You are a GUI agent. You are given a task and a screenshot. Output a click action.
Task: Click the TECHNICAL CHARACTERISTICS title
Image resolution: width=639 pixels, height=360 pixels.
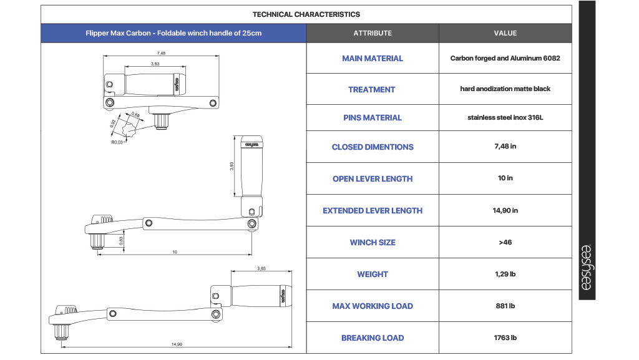tap(306, 14)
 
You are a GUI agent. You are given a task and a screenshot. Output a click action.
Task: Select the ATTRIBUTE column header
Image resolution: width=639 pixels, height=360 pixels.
tap(373, 34)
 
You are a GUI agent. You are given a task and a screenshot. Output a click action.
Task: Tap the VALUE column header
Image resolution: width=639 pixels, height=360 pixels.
tap(505, 34)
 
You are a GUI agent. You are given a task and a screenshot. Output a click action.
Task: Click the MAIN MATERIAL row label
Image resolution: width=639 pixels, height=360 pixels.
tap(373, 59)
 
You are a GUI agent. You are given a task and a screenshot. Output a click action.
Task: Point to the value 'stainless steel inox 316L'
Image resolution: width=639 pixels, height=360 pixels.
tap(505, 118)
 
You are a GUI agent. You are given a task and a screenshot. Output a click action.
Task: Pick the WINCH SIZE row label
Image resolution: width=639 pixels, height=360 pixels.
tap(373, 243)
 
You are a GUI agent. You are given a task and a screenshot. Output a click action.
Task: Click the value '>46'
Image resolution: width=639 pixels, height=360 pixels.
tap(505, 242)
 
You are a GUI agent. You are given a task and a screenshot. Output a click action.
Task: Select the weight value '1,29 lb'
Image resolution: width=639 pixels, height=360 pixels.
tap(505, 274)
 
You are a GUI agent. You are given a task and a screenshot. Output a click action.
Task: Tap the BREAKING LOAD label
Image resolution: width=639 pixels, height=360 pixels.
tap(373, 338)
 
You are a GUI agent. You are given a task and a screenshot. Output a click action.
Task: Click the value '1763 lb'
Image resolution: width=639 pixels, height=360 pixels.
tap(505, 338)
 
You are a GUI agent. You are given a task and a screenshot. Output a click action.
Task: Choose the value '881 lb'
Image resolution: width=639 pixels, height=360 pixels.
tap(505, 306)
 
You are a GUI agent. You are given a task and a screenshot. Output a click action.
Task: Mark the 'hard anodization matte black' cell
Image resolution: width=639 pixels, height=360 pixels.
tap(505, 89)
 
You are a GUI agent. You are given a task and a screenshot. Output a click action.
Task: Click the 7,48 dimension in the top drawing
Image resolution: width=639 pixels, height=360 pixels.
tap(162, 53)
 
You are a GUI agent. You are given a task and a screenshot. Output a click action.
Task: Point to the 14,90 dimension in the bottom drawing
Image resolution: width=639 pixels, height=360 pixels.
tap(177, 344)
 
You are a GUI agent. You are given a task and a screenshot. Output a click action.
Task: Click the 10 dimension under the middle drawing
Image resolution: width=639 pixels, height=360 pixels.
tap(175, 252)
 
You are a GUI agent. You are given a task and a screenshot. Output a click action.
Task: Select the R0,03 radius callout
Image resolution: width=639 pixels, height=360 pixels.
tap(117, 142)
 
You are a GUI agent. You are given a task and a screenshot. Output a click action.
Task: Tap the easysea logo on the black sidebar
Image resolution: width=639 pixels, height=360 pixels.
tap(587, 267)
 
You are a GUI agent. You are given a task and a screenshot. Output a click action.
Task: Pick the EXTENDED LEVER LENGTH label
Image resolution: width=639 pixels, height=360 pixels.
tap(373, 211)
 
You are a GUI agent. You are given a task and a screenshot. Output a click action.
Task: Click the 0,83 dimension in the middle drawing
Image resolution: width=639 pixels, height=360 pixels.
tap(121, 241)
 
